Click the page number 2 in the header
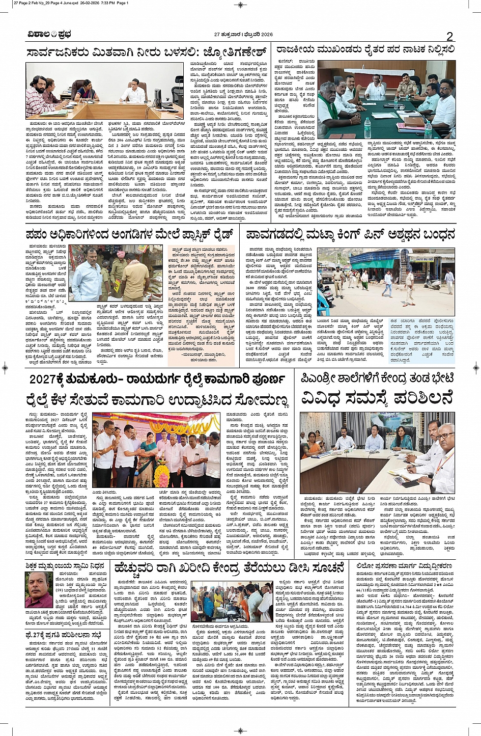(449, 36)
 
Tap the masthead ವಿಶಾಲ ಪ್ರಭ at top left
(49, 35)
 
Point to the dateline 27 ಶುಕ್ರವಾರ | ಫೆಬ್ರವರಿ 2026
(243, 35)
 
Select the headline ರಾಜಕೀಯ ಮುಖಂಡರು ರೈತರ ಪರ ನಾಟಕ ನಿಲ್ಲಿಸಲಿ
(365, 50)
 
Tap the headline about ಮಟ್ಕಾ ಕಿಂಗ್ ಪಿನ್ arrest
(350, 234)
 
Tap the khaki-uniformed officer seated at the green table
(406, 87)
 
